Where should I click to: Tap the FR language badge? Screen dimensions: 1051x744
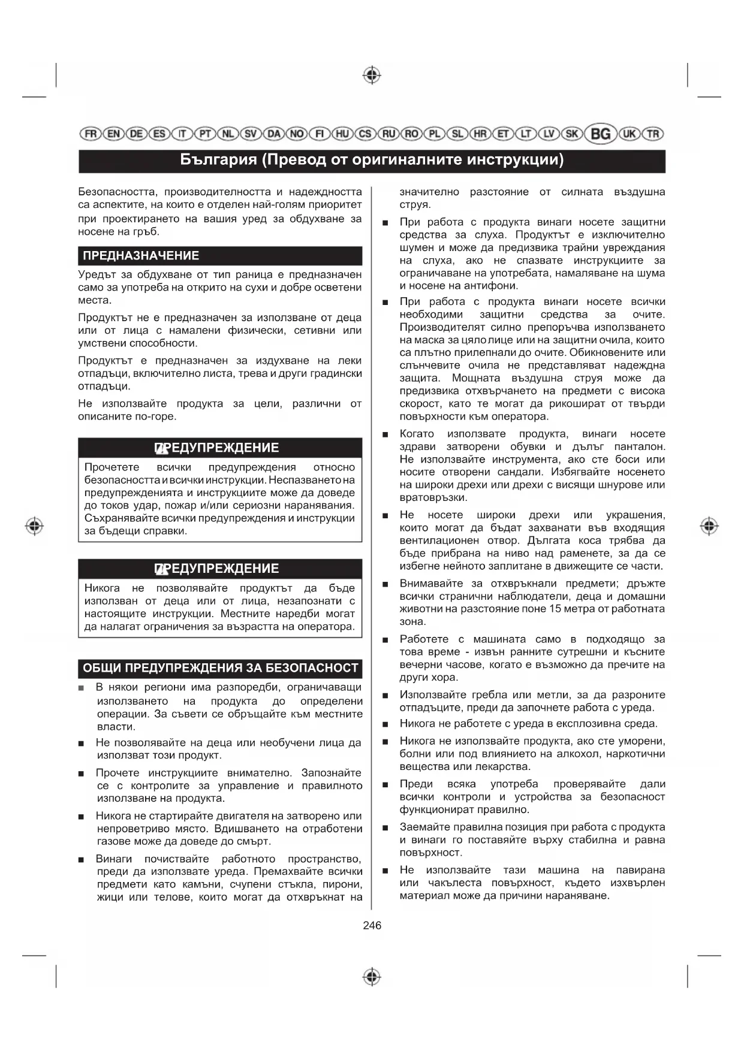tap(91, 134)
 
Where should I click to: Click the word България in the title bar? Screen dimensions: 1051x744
tap(218, 160)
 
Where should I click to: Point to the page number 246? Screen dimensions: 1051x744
tap(372, 925)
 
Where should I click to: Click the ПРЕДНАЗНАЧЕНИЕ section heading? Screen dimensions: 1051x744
tap(141, 256)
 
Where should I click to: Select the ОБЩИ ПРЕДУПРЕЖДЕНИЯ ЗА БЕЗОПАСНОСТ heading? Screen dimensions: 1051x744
tap(220, 668)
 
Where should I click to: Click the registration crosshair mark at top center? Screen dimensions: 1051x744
tap(372, 75)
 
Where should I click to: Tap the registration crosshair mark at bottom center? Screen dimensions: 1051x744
tap(372, 976)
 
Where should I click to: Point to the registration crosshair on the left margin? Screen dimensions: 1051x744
tap(35, 526)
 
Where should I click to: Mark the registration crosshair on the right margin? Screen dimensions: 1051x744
tap(709, 526)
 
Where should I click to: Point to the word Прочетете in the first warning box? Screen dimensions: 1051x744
tap(112, 467)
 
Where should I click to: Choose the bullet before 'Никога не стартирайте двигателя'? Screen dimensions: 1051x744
tap(81, 817)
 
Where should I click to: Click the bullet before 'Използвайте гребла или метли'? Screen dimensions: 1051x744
tap(385, 696)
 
